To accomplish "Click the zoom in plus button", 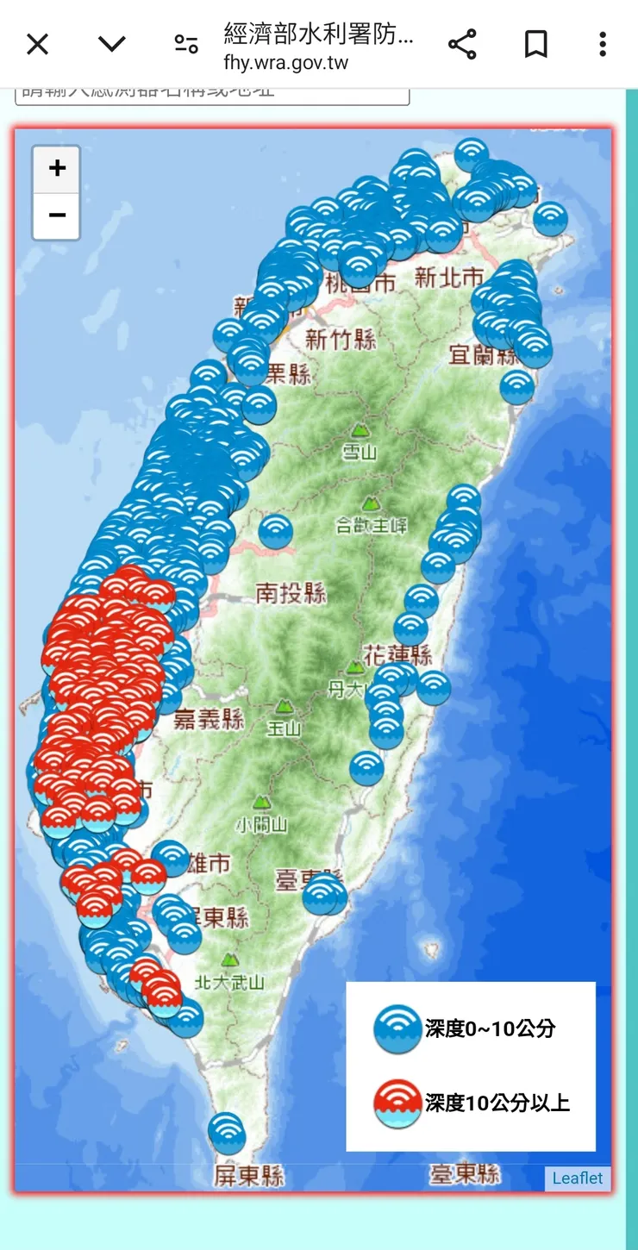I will point(57,169).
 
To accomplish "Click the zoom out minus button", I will point(57,216).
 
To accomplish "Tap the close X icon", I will point(37,44).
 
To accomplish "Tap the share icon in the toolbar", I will point(462,44).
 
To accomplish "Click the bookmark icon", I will point(535,44).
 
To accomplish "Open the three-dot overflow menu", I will point(603,44).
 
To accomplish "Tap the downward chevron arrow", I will point(112,44).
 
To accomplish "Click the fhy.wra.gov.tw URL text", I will point(285,63).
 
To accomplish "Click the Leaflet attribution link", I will point(578,1178).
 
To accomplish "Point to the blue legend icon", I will point(397,1029).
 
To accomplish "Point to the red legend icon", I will point(397,1103).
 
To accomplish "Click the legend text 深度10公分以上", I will point(497,1103).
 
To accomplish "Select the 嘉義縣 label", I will point(209,719).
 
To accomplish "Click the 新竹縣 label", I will point(341,339).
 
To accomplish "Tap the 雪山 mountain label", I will point(360,453).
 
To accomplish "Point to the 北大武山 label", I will point(229,981).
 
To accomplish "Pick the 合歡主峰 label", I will point(372,524).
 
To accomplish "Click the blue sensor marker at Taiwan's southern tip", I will point(226,1131).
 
